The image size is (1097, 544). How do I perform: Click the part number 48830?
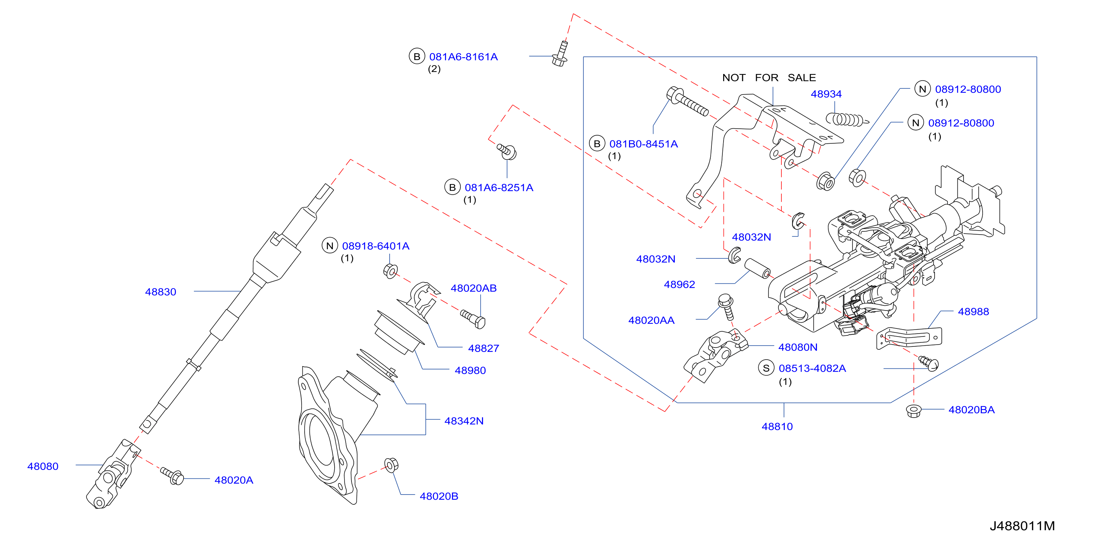[x=161, y=292]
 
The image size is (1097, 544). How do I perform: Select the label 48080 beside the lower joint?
[x=43, y=466]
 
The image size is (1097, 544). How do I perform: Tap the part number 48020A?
[x=234, y=480]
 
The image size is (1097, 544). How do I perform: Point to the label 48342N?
[x=464, y=421]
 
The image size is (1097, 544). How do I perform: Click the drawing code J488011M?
[x=1022, y=526]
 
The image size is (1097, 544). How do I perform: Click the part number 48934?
[x=826, y=94]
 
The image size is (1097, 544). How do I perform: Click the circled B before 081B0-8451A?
[x=597, y=144]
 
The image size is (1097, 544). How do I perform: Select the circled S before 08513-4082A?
[x=766, y=368]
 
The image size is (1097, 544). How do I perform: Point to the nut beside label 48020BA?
[x=913, y=410]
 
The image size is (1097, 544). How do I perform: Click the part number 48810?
[x=777, y=426]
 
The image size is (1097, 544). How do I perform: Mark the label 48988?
[x=973, y=311]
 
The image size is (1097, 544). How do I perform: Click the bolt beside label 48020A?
[x=172, y=475]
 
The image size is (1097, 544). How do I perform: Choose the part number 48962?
[x=679, y=284]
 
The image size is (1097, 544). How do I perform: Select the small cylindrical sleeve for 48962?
[x=757, y=268]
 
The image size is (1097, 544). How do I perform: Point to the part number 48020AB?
[x=474, y=288]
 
